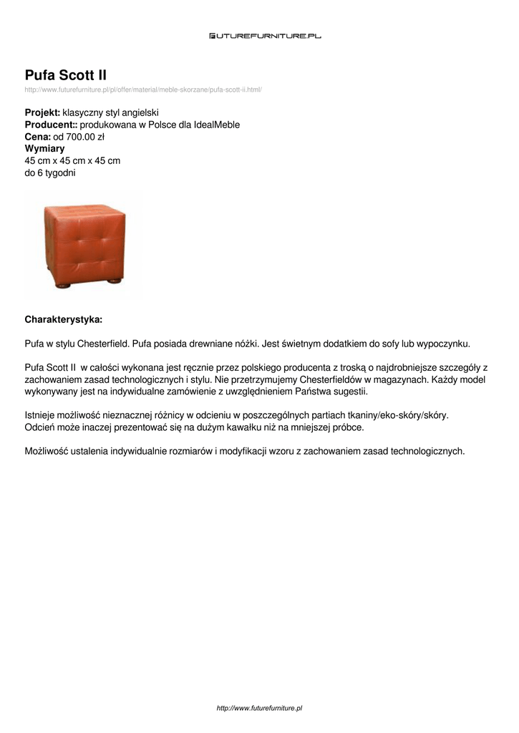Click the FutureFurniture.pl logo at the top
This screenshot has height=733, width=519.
(x=265, y=35)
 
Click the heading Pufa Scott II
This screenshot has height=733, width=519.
(x=66, y=75)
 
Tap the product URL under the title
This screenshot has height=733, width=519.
(x=143, y=89)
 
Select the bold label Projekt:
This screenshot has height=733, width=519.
(x=42, y=113)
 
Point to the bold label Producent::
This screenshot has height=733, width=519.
(x=51, y=125)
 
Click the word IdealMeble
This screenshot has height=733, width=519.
(x=217, y=125)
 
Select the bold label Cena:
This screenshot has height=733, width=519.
(x=37, y=137)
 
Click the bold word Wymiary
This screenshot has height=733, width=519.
(x=44, y=149)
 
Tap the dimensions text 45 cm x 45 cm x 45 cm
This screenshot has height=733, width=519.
(x=72, y=160)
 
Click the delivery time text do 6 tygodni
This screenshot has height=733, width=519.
(x=50, y=173)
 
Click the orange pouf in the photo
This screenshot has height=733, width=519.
(x=84, y=241)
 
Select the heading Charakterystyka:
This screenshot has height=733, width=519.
(x=63, y=319)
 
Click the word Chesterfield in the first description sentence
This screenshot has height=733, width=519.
(x=103, y=343)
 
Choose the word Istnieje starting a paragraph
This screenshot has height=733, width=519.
(x=42, y=415)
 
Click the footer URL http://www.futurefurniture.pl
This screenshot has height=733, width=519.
(x=259, y=708)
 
